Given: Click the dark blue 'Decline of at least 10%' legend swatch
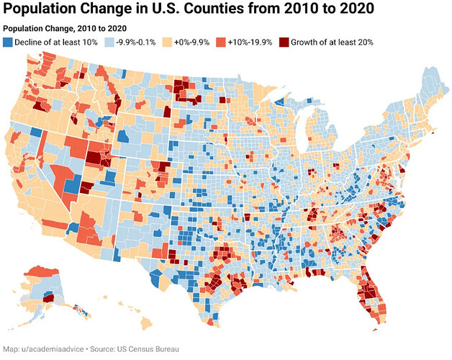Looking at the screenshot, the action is [x=8, y=42].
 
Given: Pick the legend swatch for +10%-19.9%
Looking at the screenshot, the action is [x=221, y=42].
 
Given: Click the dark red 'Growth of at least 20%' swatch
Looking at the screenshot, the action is [x=284, y=42].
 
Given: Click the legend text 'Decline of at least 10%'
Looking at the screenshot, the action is [x=56, y=42].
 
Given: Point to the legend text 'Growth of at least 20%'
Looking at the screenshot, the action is [x=332, y=42].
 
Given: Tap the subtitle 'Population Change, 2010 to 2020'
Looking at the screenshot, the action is [x=65, y=29].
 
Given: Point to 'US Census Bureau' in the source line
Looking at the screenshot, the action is [x=148, y=349].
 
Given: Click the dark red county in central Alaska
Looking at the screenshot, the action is [x=49, y=298].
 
